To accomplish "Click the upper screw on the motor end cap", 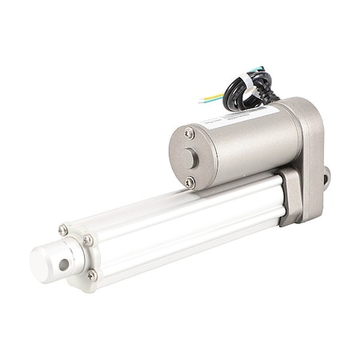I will pyautogui.click(x=189, y=134).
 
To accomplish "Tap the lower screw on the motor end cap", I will pyautogui.click(x=190, y=182).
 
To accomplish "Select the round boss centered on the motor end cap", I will pyautogui.click(x=188, y=158).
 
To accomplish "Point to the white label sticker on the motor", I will pyautogui.click(x=239, y=115).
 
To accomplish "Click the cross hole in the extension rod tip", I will pyautogui.click(x=62, y=263).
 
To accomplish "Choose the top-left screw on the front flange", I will pyautogui.click(x=62, y=230).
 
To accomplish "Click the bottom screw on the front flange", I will pyautogui.click(x=92, y=275).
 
